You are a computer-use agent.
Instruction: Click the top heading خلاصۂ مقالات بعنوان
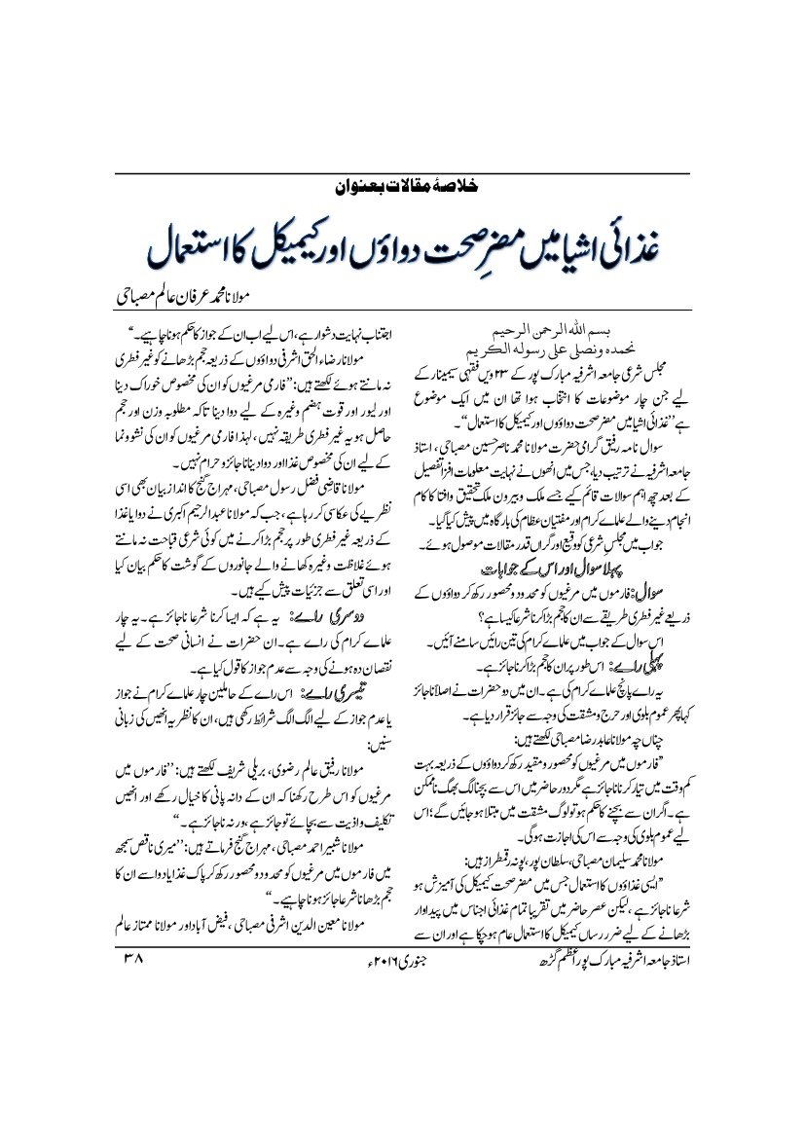(x=402, y=185)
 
